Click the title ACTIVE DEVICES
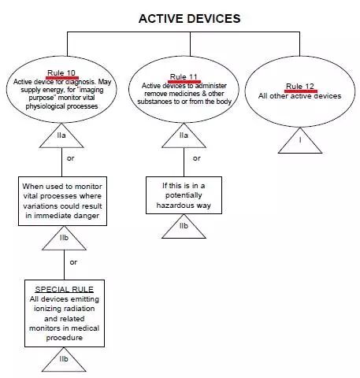pos(189,17)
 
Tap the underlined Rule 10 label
pos(61,73)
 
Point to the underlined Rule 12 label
pos(300,86)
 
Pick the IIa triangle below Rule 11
pos(184,136)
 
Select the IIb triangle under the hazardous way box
pos(184,227)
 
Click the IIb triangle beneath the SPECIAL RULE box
pos(63,359)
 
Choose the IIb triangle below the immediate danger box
pos(62,237)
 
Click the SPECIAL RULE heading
pos(62,288)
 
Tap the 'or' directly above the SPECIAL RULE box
pos(73,261)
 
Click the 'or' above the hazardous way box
pos(195,158)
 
